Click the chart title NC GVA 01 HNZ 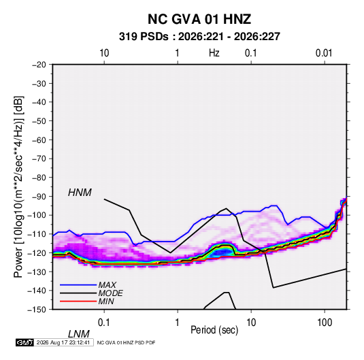pos(199,19)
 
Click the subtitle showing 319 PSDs pos(199,37)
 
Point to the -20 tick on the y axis pos(39,65)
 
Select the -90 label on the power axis pos(39,197)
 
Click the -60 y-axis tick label pos(39,140)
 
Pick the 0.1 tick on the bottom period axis pos(103,323)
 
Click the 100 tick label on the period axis pos(325,323)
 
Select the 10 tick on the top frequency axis pos(104,53)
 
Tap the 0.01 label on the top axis pos(324,53)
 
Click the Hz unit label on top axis pos(214,53)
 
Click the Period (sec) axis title pos(214,330)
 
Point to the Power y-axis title pos(18,186)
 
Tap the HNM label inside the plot pos(80,193)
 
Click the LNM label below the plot pos(79,334)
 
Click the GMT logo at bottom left pos(24,342)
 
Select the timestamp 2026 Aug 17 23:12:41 pos(63,342)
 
